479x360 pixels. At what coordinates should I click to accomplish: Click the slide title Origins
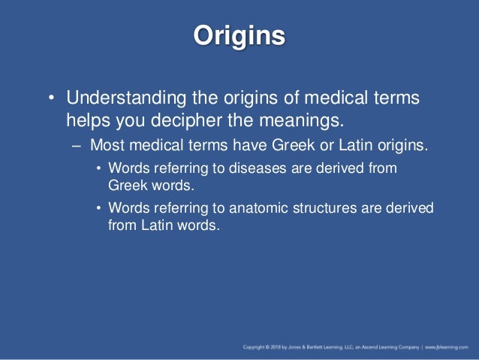click(239, 35)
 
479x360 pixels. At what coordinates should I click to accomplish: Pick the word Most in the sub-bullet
click(105, 145)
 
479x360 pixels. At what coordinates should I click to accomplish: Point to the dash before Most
click(76, 145)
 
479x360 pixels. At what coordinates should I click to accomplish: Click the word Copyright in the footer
click(256, 347)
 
